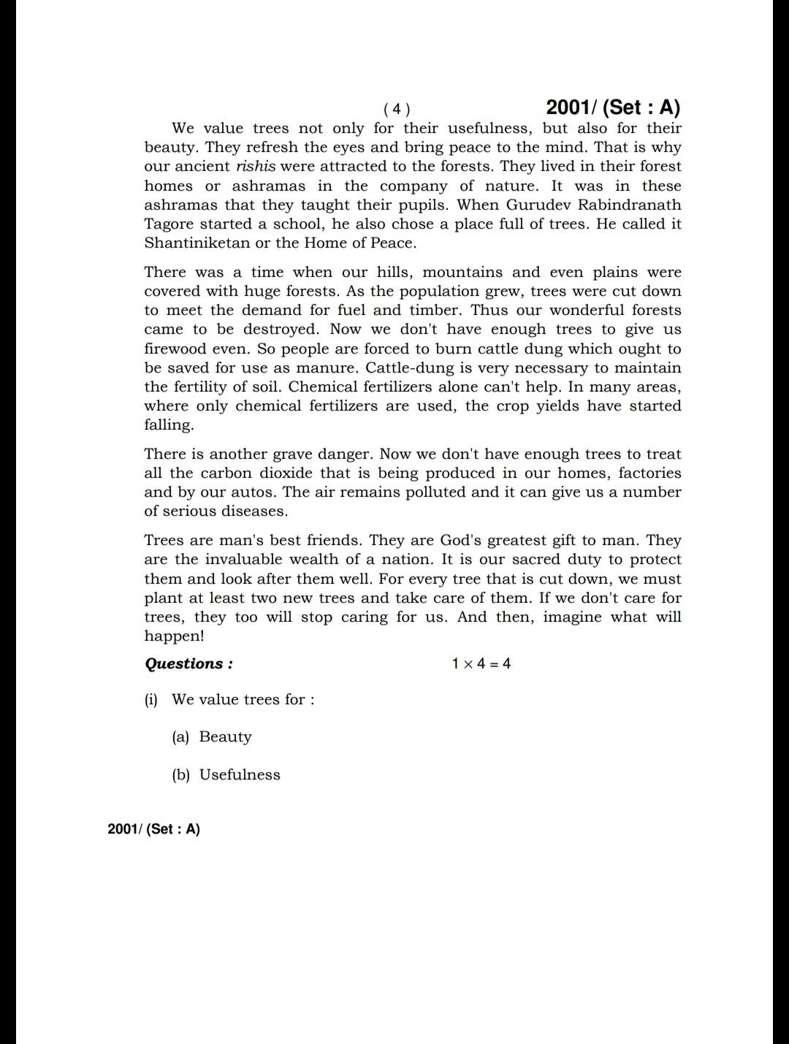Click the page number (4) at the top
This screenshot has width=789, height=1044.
[x=397, y=110]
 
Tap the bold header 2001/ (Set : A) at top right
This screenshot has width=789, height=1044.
[x=613, y=107]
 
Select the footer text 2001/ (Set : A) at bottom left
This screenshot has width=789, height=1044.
[x=153, y=828]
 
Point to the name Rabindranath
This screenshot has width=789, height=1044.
[x=630, y=205]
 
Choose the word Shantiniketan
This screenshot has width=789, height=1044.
[x=197, y=243]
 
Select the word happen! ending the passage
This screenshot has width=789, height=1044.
[x=174, y=636]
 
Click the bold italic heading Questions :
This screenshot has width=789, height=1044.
[x=189, y=664]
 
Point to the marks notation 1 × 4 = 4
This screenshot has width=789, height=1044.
[x=481, y=664]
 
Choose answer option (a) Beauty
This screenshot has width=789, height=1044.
[x=212, y=736]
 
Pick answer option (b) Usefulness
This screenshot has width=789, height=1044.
[x=226, y=774]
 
